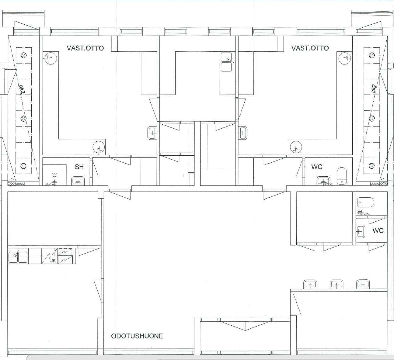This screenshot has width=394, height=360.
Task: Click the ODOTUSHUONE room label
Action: (137, 336)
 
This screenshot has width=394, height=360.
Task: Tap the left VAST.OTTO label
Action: (85, 48)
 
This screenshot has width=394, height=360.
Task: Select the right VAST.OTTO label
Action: (310, 48)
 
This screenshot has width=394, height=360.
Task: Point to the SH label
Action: (79, 167)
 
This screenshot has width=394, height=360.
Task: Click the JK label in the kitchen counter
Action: (53, 261)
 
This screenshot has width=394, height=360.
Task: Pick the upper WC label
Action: (317, 167)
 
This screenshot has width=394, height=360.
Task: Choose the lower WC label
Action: (378, 230)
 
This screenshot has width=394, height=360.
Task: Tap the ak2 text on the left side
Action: (22, 89)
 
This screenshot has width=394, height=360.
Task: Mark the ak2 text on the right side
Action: (373, 89)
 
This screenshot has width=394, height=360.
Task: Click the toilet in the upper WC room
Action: (342, 176)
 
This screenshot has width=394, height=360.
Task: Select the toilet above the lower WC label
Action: (365, 202)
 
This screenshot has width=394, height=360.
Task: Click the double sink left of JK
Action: (18, 257)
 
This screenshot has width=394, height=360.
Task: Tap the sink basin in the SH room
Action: (78, 181)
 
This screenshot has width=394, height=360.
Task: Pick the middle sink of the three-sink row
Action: (336, 284)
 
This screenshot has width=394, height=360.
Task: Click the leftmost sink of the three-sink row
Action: (310, 284)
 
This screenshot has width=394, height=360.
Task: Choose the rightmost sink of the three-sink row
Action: (363, 284)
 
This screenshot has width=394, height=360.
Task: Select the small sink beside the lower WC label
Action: (361, 231)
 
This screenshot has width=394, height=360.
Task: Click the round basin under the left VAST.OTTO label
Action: (51, 58)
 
